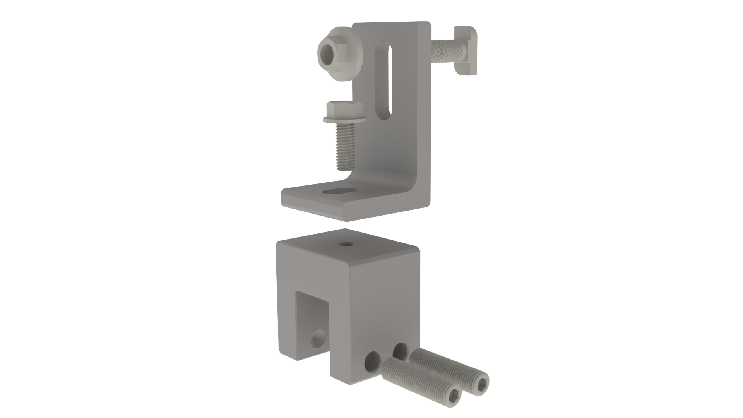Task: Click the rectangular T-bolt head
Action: tap(466, 50)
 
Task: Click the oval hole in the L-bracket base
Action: tap(339, 191)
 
